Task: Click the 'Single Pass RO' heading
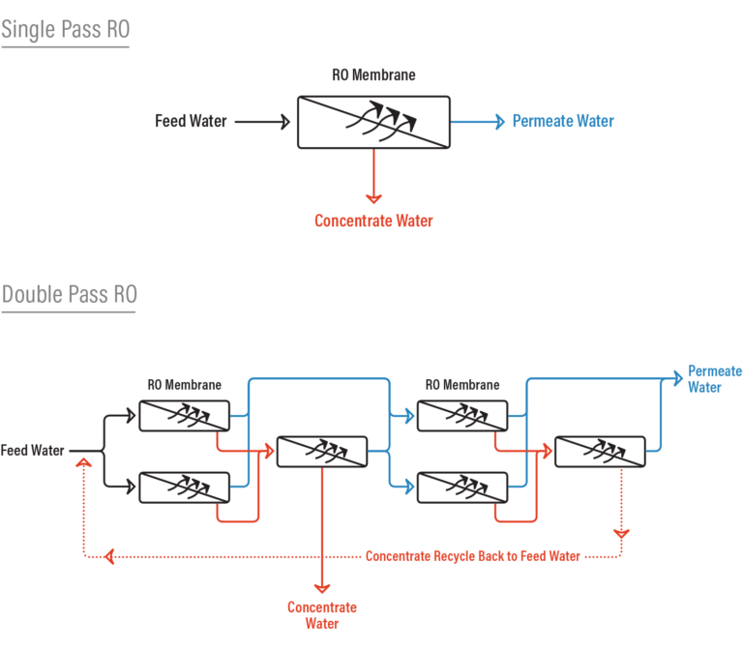coord(65,30)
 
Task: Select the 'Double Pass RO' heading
coord(69,294)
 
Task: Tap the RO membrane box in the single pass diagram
coord(373,122)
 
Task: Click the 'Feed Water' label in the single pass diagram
coord(191,122)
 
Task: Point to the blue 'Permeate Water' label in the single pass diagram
coord(563,122)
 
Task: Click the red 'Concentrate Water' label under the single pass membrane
coord(373,221)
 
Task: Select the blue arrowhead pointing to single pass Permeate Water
coord(499,122)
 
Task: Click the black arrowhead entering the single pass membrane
coord(284,122)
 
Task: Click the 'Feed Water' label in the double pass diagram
coord(32,451)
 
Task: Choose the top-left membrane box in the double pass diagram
coord(185,416)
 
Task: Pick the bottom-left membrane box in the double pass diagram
coord(185,487)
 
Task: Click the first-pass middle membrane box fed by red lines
coord(322,451)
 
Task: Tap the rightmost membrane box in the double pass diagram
coord(600,451)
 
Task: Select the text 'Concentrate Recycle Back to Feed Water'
coord(472,556)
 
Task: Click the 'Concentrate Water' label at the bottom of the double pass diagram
coord(322,615)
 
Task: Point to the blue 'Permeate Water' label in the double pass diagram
coord(714,379)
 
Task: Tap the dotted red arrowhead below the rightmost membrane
coord(621,533)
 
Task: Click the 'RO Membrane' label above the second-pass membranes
coord(462,385)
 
